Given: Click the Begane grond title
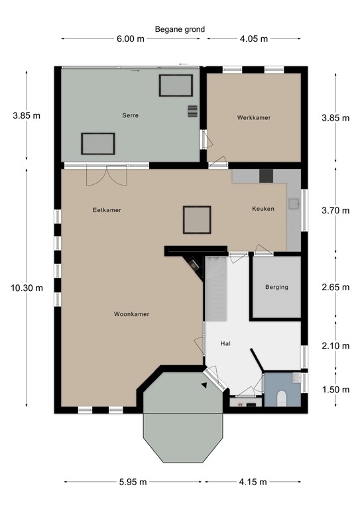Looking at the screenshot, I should coord(180,29).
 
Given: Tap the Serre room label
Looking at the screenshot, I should coord(130,115).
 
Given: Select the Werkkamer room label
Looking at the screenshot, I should coord(254,118).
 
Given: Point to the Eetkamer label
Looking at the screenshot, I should coord(107,210).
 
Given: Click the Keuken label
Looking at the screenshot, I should coord(263,209).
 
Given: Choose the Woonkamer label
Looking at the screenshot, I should coord(131,314).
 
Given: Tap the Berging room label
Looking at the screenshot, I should coord(276,288).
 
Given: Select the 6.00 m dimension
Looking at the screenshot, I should coord(130,38).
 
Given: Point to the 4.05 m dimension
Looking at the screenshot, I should coord(254,38).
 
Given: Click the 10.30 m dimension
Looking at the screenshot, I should coord(27,288).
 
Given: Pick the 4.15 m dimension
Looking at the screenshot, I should coord(255,481).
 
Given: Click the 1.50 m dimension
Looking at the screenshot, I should coord(334,389).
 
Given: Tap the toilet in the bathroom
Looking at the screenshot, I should coord(282,398).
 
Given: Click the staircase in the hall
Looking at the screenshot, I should coord(216,288).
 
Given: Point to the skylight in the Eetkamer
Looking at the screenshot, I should coord(197,219).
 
